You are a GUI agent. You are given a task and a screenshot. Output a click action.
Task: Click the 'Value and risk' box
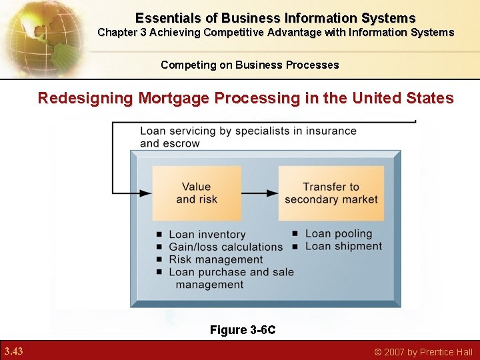[197, 193]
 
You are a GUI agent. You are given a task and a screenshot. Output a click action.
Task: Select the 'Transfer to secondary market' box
[331, 193]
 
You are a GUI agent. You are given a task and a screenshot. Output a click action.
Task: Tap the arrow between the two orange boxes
[259, 193]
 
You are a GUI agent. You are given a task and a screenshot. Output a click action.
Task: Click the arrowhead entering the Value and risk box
[145, 193]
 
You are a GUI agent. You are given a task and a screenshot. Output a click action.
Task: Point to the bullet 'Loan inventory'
[207, 234]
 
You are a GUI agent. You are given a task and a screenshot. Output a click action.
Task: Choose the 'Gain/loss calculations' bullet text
[226, 247]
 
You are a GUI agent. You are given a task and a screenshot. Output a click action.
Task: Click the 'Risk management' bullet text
[216, 259]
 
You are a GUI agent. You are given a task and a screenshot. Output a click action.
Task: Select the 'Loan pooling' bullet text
[339, 233]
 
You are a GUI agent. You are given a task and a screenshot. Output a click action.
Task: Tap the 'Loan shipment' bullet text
[343, 246]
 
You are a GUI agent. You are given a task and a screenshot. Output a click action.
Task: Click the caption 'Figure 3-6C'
[243, 329]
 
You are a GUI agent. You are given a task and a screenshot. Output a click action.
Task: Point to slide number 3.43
[13, 351]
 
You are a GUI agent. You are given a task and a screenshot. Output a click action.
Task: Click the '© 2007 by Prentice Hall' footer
[423, 352]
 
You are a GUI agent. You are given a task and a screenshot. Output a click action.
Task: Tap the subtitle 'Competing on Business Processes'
[249, 65]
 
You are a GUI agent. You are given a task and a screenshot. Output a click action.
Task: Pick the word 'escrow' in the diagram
[180, 143]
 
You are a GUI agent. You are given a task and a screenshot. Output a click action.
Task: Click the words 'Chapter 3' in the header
[122, 32]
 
